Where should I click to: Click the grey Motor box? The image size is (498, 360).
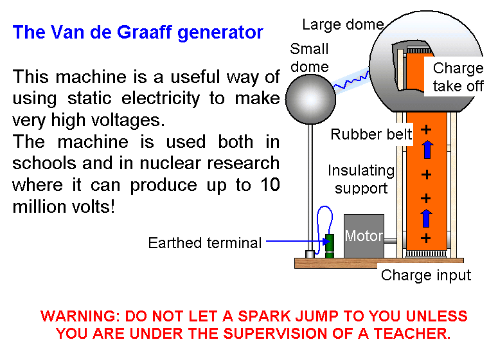(x=364, y=236)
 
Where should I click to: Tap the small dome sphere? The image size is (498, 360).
(x=310, y=99)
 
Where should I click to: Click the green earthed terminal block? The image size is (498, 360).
(x=330, y=246)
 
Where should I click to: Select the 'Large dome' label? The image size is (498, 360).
(x=343, y=25)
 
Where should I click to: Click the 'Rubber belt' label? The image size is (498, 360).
(x=371, y=134)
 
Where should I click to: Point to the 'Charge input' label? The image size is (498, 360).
(x=426, y=275)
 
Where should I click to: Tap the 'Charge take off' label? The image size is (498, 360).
(x=458, y=77)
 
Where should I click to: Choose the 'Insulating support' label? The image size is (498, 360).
(x=361, y=179)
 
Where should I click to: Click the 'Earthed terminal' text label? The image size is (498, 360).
(x=205, y=243)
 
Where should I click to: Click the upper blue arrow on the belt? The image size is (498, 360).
(x=427, y=149)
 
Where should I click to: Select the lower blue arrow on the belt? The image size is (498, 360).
(x=426, y=219)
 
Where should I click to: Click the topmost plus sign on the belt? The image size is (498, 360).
(x=426, y=130)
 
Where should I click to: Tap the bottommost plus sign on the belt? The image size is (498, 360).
(x=426, y=238)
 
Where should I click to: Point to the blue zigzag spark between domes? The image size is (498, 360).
(x=351, y=80)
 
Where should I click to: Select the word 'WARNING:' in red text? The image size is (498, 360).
(x=80, y=316)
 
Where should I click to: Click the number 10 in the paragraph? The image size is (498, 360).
(x=270, y=184)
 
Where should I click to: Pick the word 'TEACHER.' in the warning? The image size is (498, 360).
(x=412, y=334)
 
